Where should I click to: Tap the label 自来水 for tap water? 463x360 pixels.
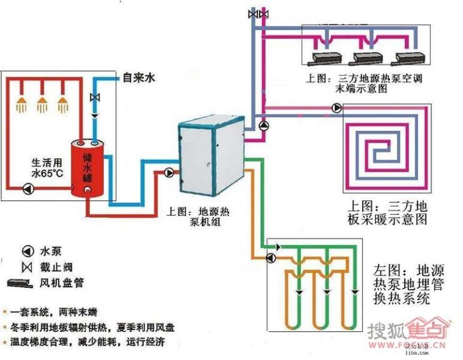138,78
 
